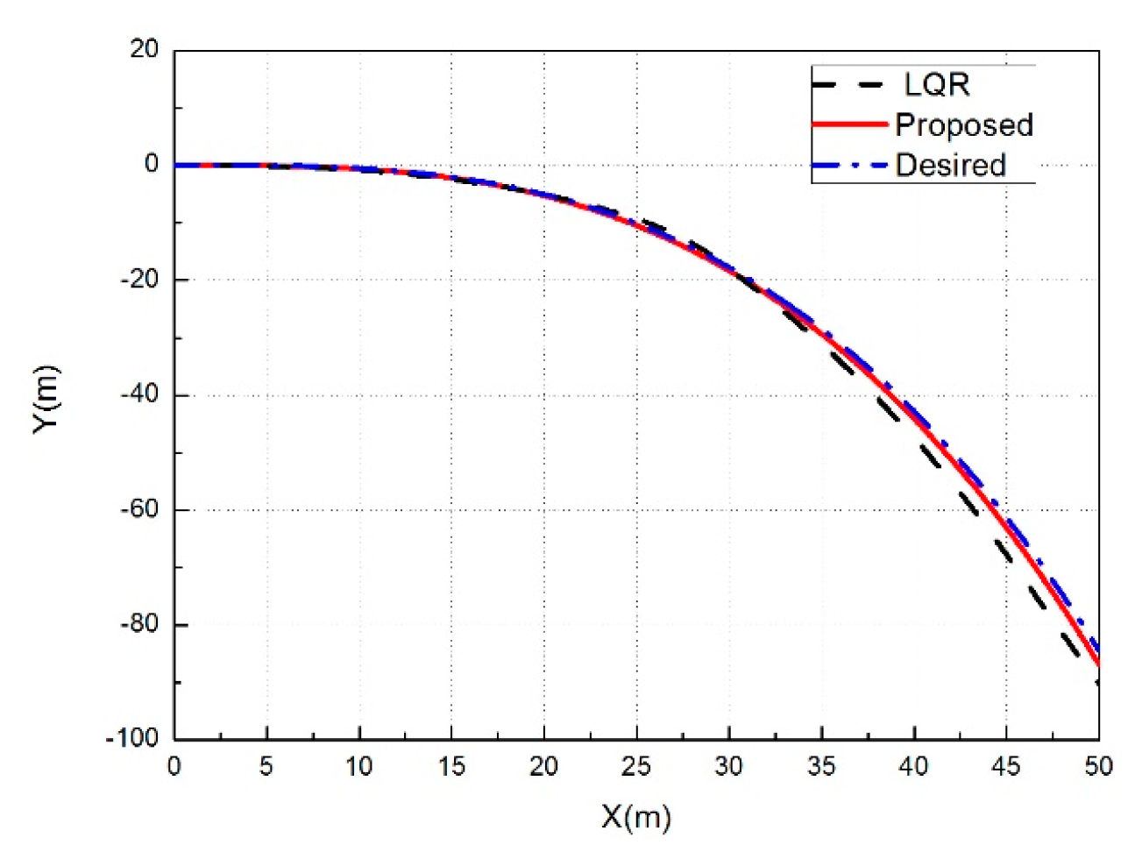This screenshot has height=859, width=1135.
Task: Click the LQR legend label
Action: click(937, 85)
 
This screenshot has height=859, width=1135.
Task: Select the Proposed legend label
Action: click(963, 125)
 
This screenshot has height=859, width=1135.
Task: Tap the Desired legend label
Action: click(950, 165)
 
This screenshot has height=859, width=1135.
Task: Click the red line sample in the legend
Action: click(849, 124)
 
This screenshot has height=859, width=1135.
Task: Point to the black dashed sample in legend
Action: click(848, 85)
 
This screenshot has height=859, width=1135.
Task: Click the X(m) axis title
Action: click(636, 817)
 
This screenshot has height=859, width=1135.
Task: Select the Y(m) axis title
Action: click(46, 397)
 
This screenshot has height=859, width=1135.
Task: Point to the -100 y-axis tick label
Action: click(133, 738)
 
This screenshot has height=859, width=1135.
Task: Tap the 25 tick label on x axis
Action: click(636, 767)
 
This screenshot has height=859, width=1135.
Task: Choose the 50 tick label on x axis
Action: click(1097, 767)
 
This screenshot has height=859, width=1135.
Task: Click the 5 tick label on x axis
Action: click(266, 767)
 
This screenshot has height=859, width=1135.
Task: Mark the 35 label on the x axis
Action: click(821, 767)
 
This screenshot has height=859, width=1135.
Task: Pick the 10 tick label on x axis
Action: click(358, 767)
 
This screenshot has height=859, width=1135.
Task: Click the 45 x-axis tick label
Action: click(1005, 767)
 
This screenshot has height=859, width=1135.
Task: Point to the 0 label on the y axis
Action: click(153, 164)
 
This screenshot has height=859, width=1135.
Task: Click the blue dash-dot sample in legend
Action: click(849, 165)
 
